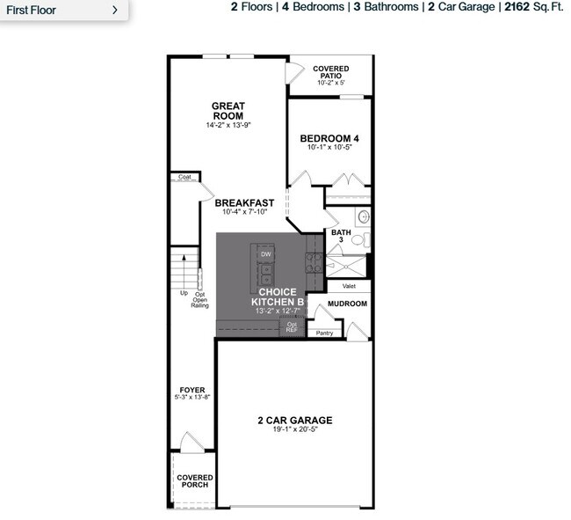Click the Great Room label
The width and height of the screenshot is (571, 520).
point(228,111)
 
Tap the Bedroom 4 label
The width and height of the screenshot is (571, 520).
point(329,138)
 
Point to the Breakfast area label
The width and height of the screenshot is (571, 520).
point(244,203)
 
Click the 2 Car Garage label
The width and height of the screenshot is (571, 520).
point(294,421)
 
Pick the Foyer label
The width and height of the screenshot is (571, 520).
point(192,390)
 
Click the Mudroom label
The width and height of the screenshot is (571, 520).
point(347,304)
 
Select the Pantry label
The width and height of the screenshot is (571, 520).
point(325,333)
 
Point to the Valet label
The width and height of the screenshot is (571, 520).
point(349,286)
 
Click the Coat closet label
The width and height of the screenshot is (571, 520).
point(184,177)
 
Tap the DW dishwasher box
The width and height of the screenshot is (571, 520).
point(265,254)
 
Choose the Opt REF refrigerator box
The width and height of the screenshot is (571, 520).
point(292,326)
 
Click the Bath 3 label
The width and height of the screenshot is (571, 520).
point(341,236)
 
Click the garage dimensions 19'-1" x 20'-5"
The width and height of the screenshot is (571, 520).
point(294,432)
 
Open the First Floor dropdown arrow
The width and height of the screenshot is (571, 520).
point(115,10)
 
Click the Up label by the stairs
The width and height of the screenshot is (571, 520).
point(184,293)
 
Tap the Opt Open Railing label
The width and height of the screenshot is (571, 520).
point(201,300)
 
